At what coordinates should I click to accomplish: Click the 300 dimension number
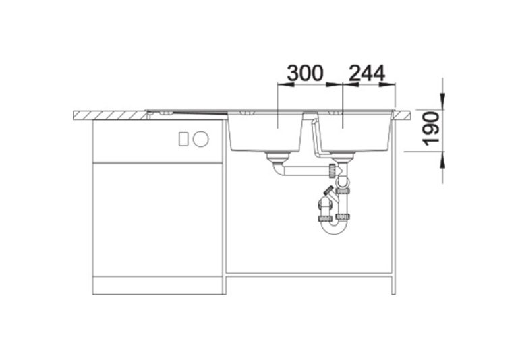tap(305, 73)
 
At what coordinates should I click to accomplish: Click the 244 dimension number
tap(367, 73)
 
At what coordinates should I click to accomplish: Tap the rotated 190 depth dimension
tap(432, 129)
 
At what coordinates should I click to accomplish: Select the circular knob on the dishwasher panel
tap(201, 139)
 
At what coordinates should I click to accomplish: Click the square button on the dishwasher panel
tap(183, 139)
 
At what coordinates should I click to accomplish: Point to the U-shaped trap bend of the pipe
tap(333, 227)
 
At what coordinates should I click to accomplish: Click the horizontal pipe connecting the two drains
tap(306, 171)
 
